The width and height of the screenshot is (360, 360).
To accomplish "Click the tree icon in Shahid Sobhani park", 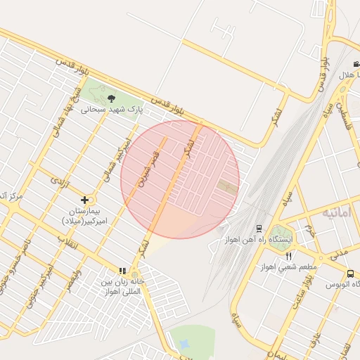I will [x=111, y=98].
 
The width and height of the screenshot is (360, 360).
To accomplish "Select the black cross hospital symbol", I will [x=85, y=200].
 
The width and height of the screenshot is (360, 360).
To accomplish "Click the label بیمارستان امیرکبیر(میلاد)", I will [x=85, y=216].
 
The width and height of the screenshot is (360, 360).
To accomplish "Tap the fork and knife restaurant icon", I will [x=288, y=256].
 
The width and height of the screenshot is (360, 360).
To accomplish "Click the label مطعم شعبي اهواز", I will [x=289, y=267].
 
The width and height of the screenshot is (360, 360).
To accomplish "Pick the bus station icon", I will [x=350, y=273].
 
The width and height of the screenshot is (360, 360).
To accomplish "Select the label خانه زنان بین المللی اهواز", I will [x=122, y=285].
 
